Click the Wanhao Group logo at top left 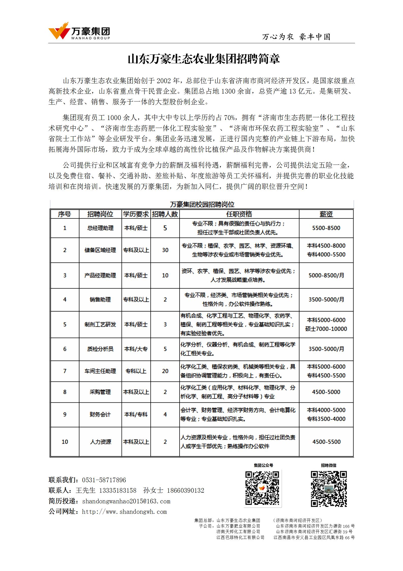pyautogui.click(x=79, y=31)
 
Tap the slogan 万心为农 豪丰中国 pyautogui.click(x=296, y=37)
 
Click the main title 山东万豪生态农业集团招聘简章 pyautogui.click(x=203, y=59)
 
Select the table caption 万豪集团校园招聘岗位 pyautogui.click(x=202, y=204)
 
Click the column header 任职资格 pyautogui.click(x=239, y=214)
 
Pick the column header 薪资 pyautogui.click(x=326, y=214)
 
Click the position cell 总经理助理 pyautogui.click(x=100, y=228)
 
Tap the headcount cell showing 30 pyautogui.click(x=165, y=250)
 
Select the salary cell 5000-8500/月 pyautogui.click(x=326, y=275)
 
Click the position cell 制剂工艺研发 pyautogui.click(x=100, y=325)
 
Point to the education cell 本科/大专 pyautogui.click(x=136, y=349)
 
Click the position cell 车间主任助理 pyautogui.click(x=100, y=371)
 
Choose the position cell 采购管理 pyautogui.click(x=100, y=392)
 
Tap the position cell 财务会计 pyautogui.click(x=100, y=414)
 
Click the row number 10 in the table pyautogui.click(x=65, y=442)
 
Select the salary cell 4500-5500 pyautogui.click(x=326, y=442)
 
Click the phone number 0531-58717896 pyautogui.click(x=104, y=480)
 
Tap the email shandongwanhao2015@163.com pyautogui.click(x=126, y=501)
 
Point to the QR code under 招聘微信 pyautogui.click(x=329, y=489)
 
